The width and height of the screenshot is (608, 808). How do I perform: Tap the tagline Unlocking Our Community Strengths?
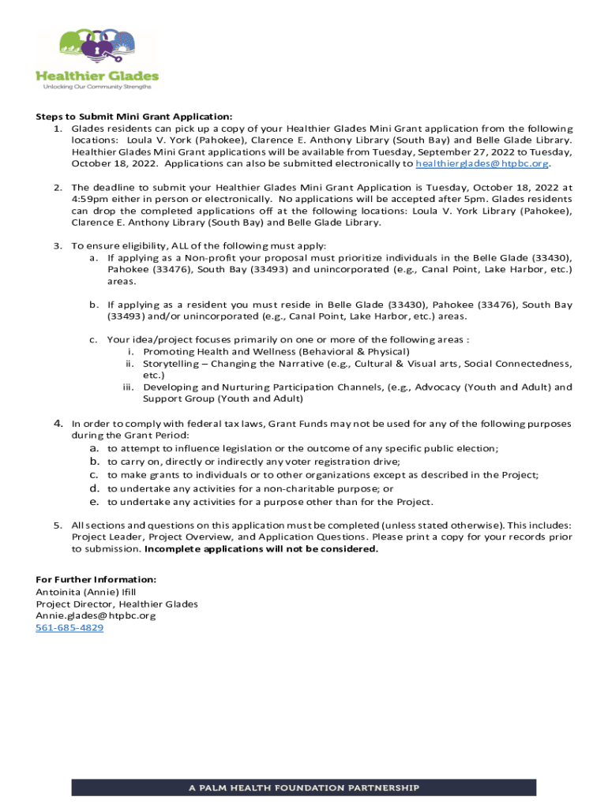[x=96, y=87]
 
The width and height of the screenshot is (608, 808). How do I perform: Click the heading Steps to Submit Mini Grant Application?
[x=134, y=116]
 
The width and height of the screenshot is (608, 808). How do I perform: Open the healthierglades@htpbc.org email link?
[x=482, y=164]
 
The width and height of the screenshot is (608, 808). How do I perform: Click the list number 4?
[x=58, y=424]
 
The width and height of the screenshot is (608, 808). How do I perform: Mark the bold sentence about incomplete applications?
[x=261, y=549]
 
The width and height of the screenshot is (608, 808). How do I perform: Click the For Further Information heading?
[x=96, y=579]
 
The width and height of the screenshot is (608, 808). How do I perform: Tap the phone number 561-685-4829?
[x=69, y=628]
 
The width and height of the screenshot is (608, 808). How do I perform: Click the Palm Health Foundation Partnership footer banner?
[x=304, y=787]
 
